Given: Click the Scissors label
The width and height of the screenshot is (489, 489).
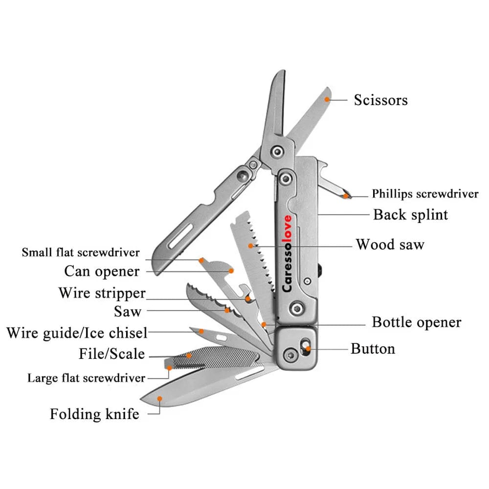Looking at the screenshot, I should [380, 100].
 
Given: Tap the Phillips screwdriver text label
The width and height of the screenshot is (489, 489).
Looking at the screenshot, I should [425, 194].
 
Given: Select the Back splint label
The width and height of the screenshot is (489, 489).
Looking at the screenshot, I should [410, 214].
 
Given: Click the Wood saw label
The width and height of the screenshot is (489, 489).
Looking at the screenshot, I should [390, 244].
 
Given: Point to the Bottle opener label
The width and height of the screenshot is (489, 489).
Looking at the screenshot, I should [416, 322].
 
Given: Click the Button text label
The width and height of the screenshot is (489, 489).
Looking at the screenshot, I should [373, 349].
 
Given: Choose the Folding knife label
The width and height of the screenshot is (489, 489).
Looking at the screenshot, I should [94, 414].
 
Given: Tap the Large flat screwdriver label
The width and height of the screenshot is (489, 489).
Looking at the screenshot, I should [86, 378].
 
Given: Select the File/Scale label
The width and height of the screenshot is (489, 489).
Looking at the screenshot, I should [111, 353].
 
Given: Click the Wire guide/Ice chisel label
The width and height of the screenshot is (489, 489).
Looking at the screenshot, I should [77, 333].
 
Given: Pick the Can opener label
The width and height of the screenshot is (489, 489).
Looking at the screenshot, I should [102, 271].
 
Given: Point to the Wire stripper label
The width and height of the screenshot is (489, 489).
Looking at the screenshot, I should [102, 293].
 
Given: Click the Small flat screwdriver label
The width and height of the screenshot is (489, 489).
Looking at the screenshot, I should [81, 253].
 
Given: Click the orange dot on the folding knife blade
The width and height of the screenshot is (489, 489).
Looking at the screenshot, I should [160, 399].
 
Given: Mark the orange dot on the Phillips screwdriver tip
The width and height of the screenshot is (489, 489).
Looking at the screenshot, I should [346, 196].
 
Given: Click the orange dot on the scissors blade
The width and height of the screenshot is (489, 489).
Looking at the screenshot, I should [327, 99].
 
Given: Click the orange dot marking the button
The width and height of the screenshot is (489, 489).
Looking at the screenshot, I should [308, 349].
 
